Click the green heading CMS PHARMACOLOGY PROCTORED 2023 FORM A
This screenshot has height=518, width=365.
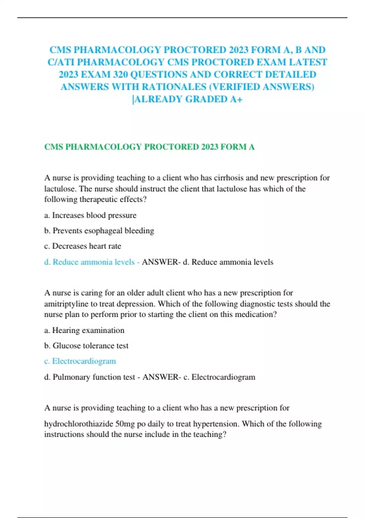point(149,147)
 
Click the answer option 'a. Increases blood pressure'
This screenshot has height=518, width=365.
point(90,215)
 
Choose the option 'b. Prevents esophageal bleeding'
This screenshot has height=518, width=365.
point(99,231)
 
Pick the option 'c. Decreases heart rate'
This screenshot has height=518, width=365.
point(82,246)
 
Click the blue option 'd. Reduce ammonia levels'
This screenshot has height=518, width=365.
point(89,262)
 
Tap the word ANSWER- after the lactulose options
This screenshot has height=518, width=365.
point(161,262)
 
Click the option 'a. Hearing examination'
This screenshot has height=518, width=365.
point(84,330)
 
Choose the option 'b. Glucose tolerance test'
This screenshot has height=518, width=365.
point(86,346)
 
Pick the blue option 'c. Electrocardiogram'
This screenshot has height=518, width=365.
point(80,361)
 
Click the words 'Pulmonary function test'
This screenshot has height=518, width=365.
point(94,377)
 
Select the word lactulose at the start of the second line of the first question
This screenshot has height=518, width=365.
point(60,189)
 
